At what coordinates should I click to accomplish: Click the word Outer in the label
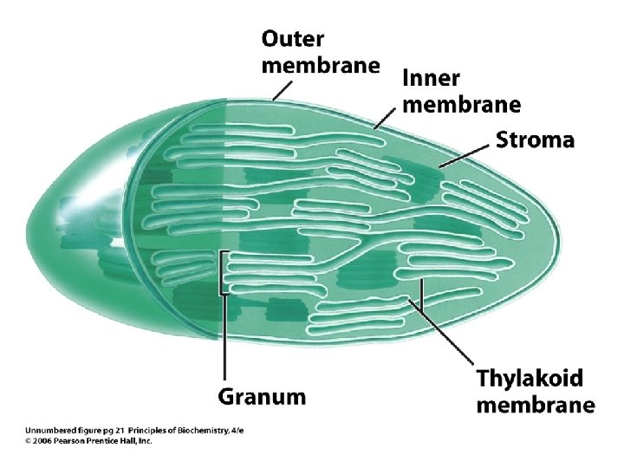point(293,39)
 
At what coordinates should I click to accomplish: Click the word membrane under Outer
point(321,65)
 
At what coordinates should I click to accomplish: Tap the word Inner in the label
point(430,79)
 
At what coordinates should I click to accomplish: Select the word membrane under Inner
point(462,105)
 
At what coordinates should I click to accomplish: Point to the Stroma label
point(535,140)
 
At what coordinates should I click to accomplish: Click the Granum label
point(261,397)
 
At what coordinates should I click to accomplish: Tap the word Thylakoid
point(530,380)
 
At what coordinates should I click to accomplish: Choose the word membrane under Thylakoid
point(535,405)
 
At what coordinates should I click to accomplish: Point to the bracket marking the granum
point(222,273)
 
